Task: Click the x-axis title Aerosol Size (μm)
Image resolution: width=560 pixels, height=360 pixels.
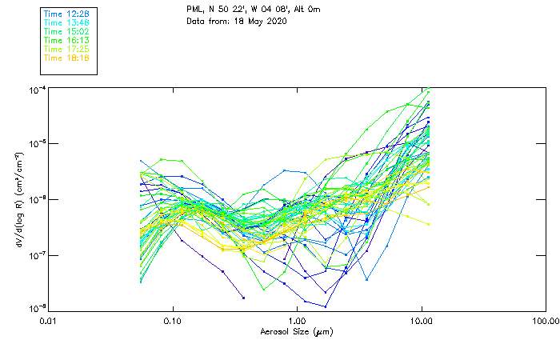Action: pyautogui.click(x=297, y=331)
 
